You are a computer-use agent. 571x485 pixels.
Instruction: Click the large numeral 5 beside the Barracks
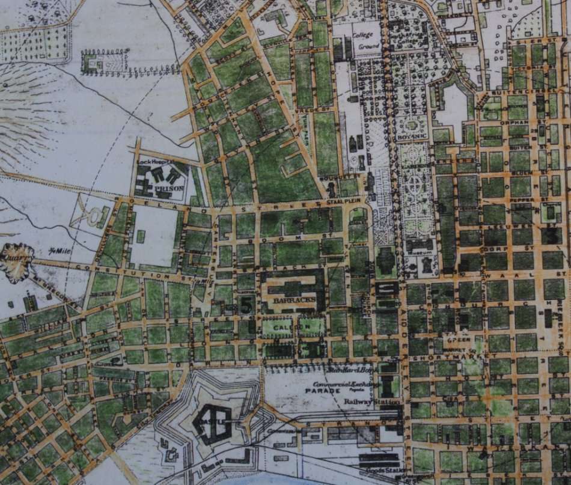pyautogui.click(x=245, y=304)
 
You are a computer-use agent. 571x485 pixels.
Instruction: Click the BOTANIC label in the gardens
pyautogui.click(x=412, y=137)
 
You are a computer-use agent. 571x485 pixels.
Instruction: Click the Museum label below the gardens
pyautogui.click(x=418, y=253)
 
